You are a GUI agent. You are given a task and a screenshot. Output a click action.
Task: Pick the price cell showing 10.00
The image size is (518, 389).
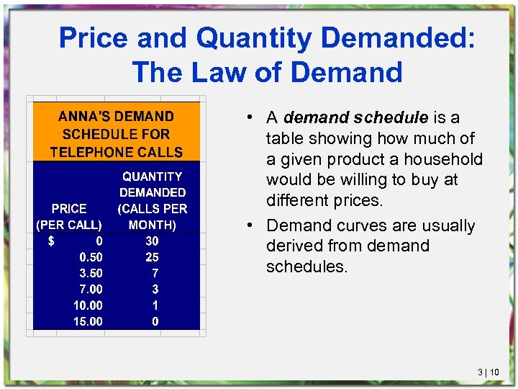click(x=88, y=305)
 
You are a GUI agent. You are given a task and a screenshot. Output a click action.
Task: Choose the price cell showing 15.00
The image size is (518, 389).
click(x=88, y=321)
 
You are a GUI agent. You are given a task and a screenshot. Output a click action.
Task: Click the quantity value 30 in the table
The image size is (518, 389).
click(x=152, y=241)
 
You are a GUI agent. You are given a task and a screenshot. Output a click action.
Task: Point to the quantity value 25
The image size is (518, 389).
click(x=152, y=257)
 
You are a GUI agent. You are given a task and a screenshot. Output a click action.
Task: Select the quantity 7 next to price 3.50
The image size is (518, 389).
click(x=155, y=273)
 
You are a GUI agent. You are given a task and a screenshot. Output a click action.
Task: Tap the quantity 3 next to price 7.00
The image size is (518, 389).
click(x=155, y=289)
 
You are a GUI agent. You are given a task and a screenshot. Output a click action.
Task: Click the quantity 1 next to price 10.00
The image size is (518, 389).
click(x=155, y=305)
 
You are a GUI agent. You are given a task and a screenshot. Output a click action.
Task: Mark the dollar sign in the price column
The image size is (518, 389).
click(x=51, y=241)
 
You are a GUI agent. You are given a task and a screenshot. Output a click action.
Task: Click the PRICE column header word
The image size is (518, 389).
click(x=69, y=208)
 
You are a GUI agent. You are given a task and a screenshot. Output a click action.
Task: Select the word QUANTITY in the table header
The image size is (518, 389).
click(x=152, y=176)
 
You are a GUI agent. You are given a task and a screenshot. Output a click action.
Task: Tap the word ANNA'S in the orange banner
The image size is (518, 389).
click(x=81, y=116)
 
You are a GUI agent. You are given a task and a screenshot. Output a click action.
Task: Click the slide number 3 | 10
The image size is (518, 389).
click(x=489, y=372)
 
